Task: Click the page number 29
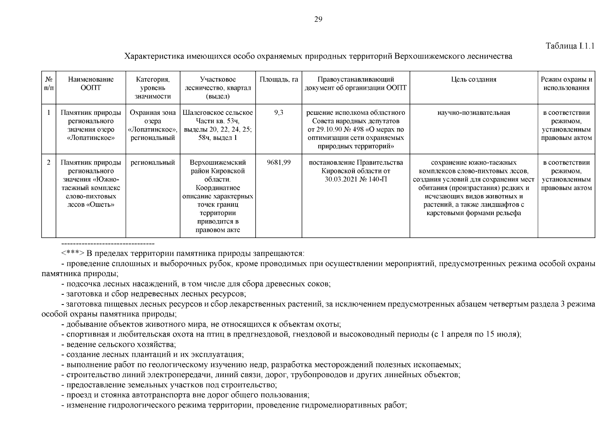pyautogui.click(x=318, y=20)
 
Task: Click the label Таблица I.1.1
pyautogui.click(x=570, y=46)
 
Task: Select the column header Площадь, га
pyautogui.click(x=278, y=80)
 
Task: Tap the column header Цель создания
pyautogui.click(x=473, y=80)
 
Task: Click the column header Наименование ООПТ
pyautogui.click(x=90, y=84)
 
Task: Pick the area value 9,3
pyautogui.click(x=278, y=113)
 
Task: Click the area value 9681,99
pyautogui.click(x=278, y=162)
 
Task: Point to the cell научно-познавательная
pyautogui.click(x=473, y=113)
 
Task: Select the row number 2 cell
pyautogui.click(x=49, y=162)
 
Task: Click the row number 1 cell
pyautogui.click(x=49, y=113)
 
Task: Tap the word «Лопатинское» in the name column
pyautogui.click(x=91, y=138)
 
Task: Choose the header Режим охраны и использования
pyautogui.click(x=566, y=84)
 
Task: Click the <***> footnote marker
pyautogui.click(x=73, y=253)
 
